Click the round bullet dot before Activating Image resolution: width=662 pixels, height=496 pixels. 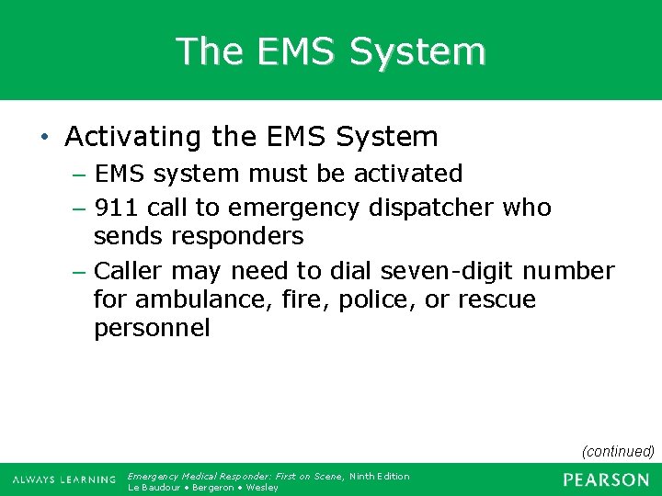point(44,139)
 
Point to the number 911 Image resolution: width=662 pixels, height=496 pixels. point(117,208)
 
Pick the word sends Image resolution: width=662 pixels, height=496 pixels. point(127,236)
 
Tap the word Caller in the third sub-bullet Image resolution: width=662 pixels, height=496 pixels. point(129,271)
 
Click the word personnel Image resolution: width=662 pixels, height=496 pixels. point(152,328)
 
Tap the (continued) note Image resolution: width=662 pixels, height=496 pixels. point(618,451)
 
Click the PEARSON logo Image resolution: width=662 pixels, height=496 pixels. point(606,479)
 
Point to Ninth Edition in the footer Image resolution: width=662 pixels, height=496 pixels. point(379,476)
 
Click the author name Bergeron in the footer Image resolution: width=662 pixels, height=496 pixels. point(211,487)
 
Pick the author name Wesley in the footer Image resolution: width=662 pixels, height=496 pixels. point(261,487)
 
